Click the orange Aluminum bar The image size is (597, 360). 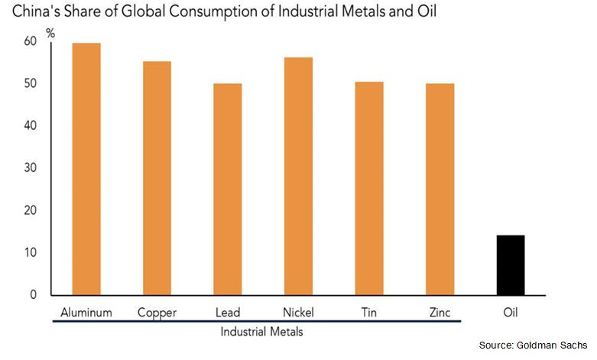pyautogui.click(x=86, y=168)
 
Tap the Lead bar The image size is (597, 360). pyautogui.click(x=227, y=189)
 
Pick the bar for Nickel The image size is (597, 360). pyautogui.click(x=297, y=176)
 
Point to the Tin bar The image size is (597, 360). pyautogui.click(x=368, y=188)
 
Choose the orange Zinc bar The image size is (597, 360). pyautogui.click(x=440, y=189)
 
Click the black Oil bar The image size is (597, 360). pyautogui.click(x=511, y=264)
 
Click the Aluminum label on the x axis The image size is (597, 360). pyautogui.click(x=86, y=312)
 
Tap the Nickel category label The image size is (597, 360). pyautogui.click(x=298, y=312)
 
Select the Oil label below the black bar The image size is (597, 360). pyautogui.click(x=511, y=312)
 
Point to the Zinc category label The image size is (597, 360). pyautogui.click(x=440, y=312)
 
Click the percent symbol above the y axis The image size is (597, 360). pyautogui.click(x=51, y=33)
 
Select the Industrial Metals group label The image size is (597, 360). pyautogui.click(x=261, y=332)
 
